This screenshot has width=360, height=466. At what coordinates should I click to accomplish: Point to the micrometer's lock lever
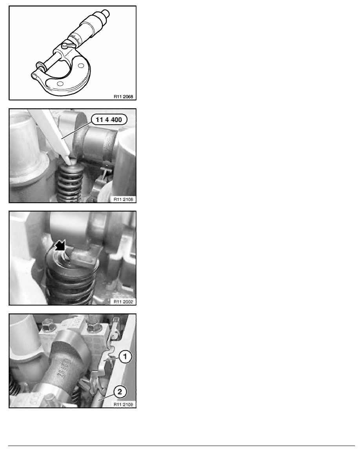pos(64,47)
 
